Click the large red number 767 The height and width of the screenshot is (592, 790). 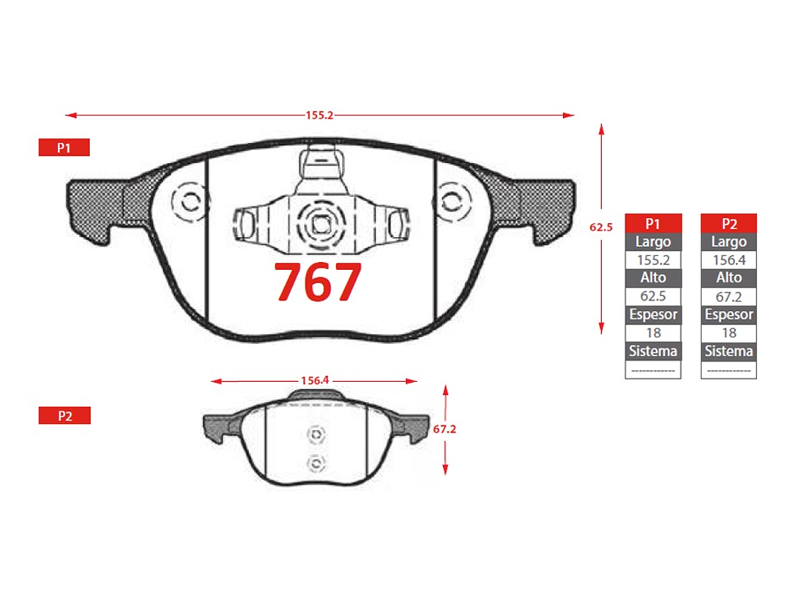318,282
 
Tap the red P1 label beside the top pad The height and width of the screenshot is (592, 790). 64,148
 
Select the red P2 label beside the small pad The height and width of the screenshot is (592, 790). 64,416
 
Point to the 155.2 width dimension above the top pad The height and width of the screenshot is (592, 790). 319,116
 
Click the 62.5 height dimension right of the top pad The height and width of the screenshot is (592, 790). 601,227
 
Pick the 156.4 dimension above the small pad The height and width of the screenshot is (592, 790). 315,381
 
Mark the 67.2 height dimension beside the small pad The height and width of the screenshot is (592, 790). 444,429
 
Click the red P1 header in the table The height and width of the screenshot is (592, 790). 653,223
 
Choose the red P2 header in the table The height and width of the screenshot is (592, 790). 729,223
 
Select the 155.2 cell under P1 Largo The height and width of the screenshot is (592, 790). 654,261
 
